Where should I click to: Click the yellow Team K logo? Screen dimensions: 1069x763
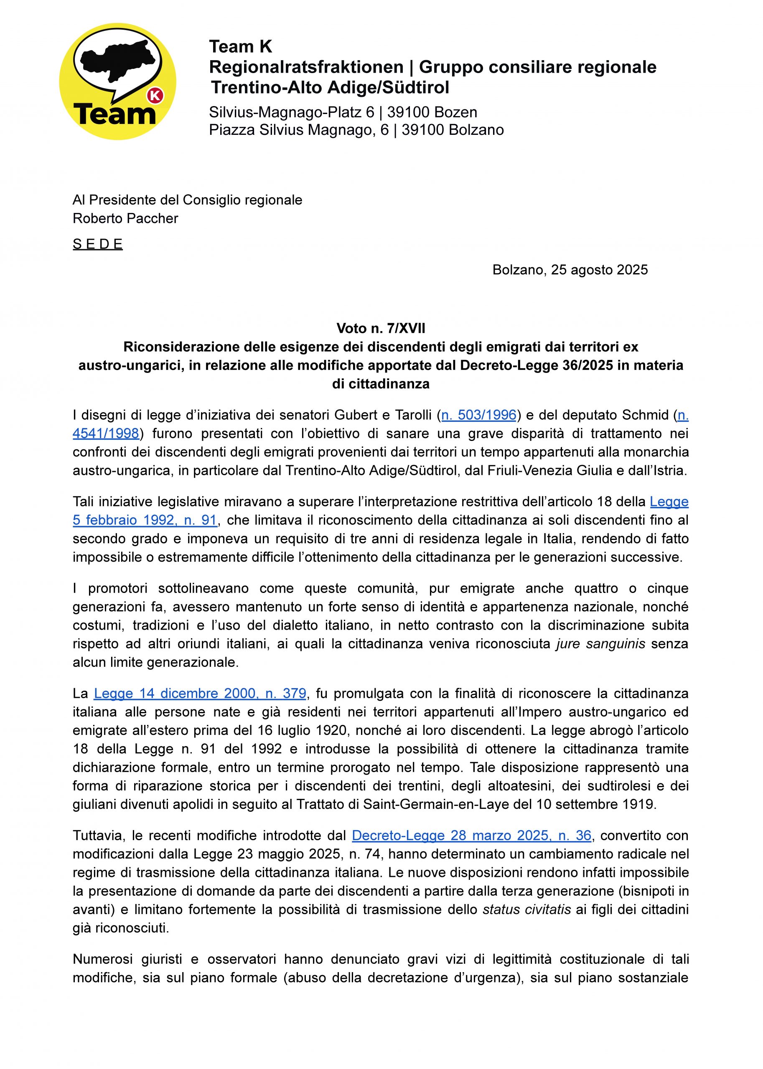click(x=117, y=81)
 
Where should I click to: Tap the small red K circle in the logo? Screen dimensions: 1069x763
click(x=155, y=96)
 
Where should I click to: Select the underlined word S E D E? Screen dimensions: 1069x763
click(x=98, y=244)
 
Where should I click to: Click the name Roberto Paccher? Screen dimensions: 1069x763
click(x=125, y=218)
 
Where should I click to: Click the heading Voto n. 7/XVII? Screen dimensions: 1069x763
click(x=381, y=328)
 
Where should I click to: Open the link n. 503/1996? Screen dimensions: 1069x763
click(x=479, y=415)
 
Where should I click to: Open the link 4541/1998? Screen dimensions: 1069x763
click(x=106, y=433)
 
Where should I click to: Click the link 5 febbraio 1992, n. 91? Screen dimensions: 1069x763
click(x=145, y=520)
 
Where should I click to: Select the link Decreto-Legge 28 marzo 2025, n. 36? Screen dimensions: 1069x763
click(x=471, y=836)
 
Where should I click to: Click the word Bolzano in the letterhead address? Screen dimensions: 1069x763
click(x=476, y=130)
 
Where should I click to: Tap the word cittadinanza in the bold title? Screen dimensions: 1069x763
click(x=389, y=384)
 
